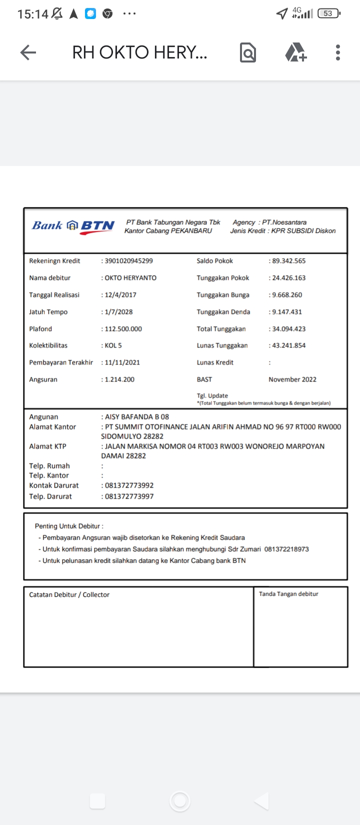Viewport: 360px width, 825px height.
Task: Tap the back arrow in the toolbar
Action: [x=28, y=52]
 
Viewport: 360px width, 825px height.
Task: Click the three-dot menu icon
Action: [x=338, y=52]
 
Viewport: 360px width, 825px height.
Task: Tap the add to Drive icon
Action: [x=295, y=52]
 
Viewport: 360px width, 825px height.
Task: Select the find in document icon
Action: [x=248, y=52]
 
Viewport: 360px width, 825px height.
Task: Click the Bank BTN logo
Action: [x=73, y=226]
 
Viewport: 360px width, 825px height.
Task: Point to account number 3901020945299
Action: [x=128, y=261]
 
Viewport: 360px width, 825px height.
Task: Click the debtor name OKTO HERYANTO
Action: [x=130, y=278]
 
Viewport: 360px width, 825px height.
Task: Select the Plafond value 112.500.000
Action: [x=123, y=329]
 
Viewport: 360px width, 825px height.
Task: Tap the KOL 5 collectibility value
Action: [x=113, y=345]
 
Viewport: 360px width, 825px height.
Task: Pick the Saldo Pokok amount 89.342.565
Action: [x=288, y=261]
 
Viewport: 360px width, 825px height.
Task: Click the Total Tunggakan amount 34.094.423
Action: [x=288, y=329]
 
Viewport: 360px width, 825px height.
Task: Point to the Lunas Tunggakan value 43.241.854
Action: [x=288, y=345]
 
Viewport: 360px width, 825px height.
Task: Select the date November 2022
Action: [x=292, y=379]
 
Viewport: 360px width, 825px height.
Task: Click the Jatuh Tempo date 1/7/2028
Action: [x=118, y=312]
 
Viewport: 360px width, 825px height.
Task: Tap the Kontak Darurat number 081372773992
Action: [x=129, y=485]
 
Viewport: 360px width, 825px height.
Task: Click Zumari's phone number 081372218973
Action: [x=286, y=549]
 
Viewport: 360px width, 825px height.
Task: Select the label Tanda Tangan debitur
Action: [x=288, y=594]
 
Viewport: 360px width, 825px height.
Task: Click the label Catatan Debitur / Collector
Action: [x=69, y=594]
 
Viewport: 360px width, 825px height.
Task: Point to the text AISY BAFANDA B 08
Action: [x=136, y=417]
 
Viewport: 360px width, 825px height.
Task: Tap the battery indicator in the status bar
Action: [x=328, y=13]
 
